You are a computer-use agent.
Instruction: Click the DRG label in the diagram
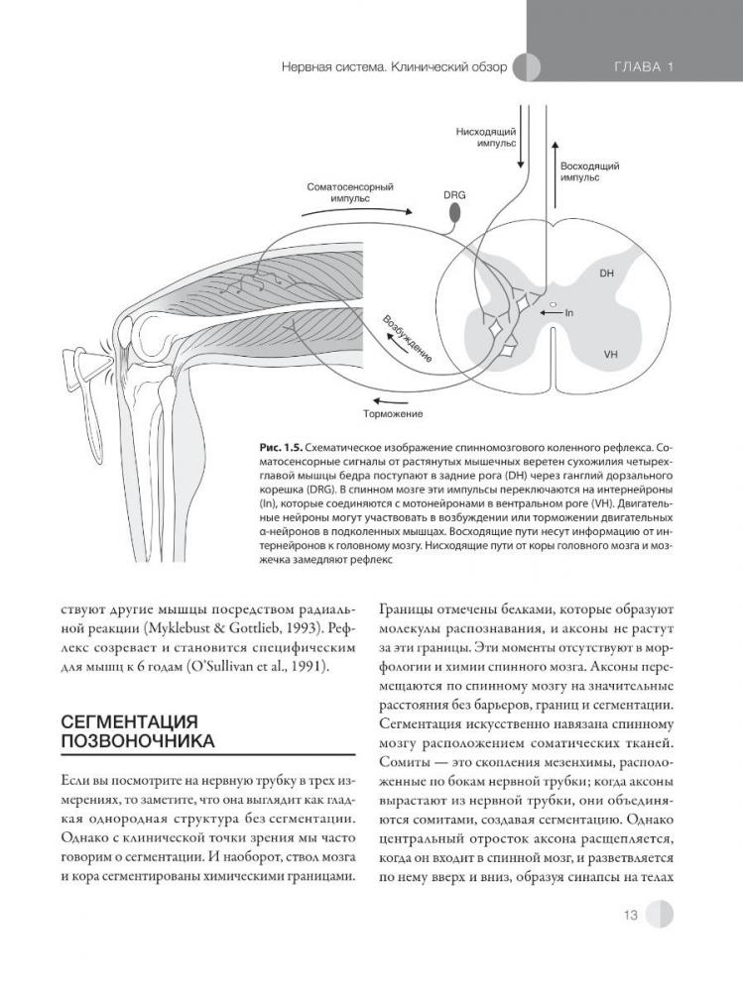click(454, 195)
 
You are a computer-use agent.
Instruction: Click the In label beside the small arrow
click(569, 313)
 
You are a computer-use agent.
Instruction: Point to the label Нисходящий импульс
click(486, 136)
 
